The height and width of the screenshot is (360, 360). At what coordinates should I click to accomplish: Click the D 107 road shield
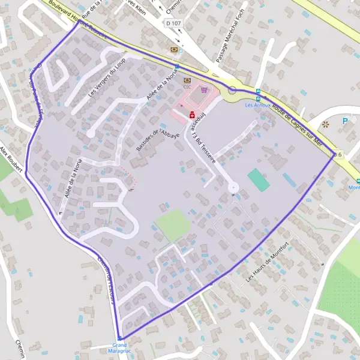(174, 23)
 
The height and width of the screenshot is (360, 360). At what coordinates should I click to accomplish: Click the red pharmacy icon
(192, 114)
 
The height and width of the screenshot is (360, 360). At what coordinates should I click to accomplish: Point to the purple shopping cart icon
(206, 91)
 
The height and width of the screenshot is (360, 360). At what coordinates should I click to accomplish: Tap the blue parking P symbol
(346, 121)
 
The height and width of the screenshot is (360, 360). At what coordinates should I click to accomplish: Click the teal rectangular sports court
(259, 180)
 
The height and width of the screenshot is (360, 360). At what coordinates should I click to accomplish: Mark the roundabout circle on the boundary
(233, 90)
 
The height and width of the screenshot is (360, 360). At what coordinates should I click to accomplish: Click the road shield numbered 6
(339, 154)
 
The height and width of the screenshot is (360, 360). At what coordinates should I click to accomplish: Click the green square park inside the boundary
(173, 224)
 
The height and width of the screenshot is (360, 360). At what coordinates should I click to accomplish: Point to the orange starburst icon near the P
(326, 124)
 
